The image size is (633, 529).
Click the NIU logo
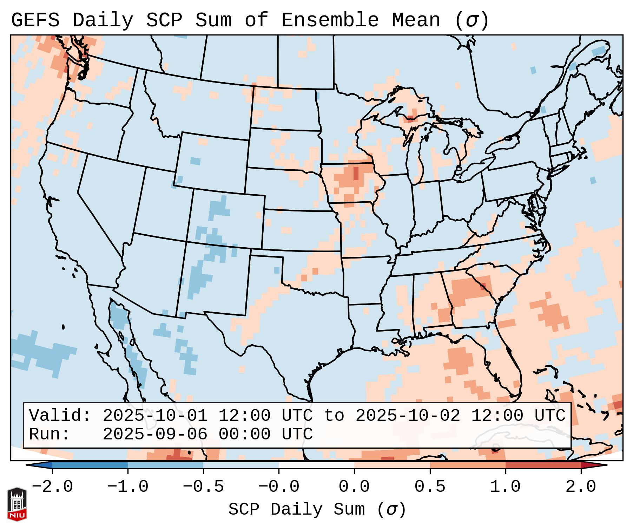(17, 504)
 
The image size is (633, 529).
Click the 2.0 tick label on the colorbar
(581, 487)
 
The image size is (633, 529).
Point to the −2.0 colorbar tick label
(52, 487)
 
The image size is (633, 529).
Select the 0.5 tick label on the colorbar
(430, 487)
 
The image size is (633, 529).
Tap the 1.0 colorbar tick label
(505, 487)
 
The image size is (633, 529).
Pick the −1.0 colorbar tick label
(128, 487)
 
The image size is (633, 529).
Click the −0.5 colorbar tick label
(203, 487)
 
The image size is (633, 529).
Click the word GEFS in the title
(35, 20)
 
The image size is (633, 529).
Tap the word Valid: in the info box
(60, 416)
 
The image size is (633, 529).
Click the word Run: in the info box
(50, 434)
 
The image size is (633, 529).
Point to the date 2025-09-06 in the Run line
(155, 434)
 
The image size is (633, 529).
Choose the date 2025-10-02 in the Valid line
(408, 416)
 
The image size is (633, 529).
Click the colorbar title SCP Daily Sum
(297, 509)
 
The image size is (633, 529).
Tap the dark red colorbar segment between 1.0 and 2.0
(543, 465)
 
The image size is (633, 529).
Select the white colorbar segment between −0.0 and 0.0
(316, 465)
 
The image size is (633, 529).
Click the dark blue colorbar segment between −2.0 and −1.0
(90, 465)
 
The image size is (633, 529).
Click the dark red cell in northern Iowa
(356, 174)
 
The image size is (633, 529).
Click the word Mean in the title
(416, 20)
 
